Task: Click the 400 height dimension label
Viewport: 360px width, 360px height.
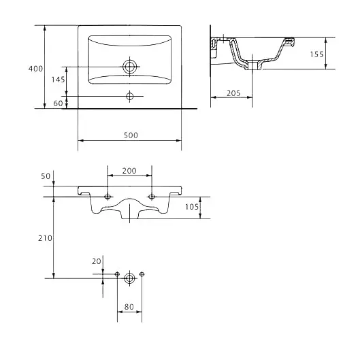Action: click(35, 69)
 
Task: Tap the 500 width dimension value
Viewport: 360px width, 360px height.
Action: click(131, 135)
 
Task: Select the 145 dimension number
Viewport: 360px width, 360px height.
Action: click(58, 80)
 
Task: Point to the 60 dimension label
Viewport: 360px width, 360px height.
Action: click(58, 103)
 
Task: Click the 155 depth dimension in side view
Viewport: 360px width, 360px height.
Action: click(317, 54)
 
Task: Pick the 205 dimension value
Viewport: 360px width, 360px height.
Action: click(233, 93)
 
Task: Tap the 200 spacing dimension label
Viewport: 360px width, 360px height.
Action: click(129, 171)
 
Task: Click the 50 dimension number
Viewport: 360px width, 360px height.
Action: click(46, 176)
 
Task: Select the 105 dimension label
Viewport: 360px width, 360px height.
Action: click(192, 207)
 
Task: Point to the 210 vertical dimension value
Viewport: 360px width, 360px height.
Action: click(45, 238)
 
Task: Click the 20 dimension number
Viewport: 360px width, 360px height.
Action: click(97, 261)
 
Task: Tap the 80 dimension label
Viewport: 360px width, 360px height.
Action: click(129, 307)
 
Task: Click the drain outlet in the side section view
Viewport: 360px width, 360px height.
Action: click(252, 65)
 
